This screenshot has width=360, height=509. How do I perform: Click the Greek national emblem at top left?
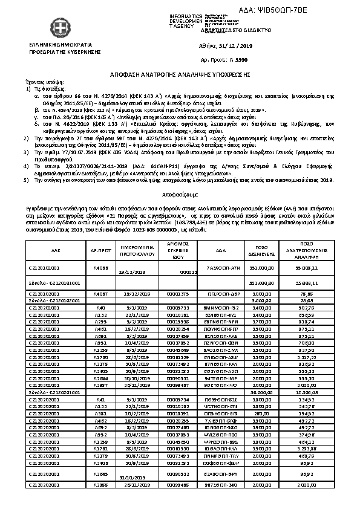click(59, 28)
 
